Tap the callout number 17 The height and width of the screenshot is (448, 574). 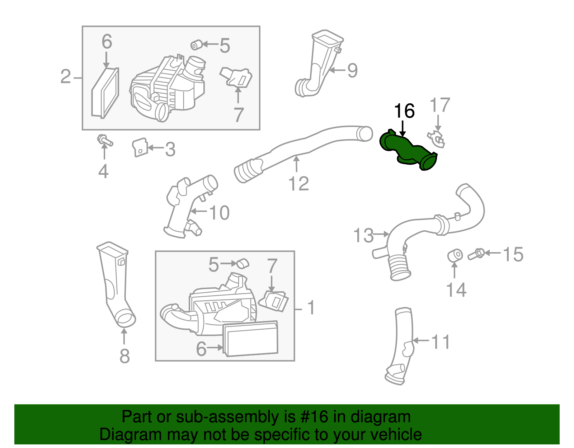point(439,105)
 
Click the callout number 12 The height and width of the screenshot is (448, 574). point(298,184)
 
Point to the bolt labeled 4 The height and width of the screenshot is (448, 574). point(105,140)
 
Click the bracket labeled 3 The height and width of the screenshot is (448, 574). point(140,147)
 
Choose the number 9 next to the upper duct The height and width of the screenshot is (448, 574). point(352,70)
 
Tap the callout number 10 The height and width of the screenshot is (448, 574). point(219,213)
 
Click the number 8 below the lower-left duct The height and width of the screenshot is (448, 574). point(124,356)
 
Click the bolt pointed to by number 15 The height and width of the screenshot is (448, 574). point(476,254)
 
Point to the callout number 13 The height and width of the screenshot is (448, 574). point(363,236)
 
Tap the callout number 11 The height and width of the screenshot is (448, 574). point(440,342)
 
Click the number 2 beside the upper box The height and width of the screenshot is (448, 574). point(66,77)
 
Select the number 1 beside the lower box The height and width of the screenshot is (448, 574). point(311,308)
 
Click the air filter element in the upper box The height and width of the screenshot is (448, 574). point(105,93)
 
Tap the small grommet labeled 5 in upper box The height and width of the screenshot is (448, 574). point(196,45)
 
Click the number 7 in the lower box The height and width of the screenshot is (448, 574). point(272,266)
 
